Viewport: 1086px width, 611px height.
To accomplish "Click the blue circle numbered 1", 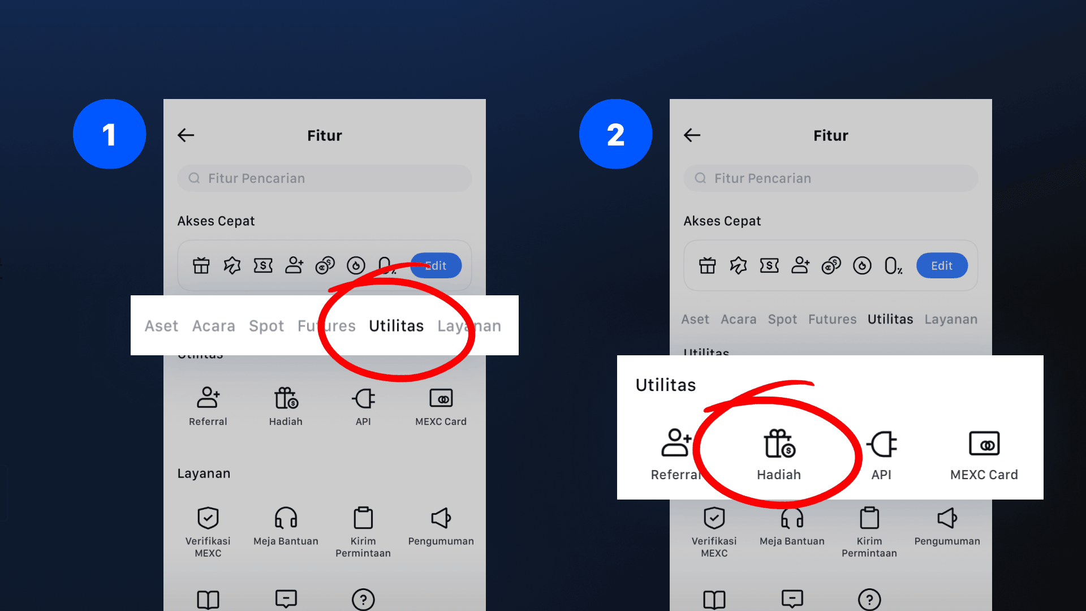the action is click(x=110, y=134).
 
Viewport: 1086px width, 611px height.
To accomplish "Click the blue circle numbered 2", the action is click(x=616, y=134).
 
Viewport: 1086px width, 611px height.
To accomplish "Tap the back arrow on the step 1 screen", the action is click(x=186, y=135).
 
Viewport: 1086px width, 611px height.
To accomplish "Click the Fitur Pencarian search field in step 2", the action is click(x=830, y=178).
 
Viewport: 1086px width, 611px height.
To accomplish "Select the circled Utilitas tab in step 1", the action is click(x=396, y=326).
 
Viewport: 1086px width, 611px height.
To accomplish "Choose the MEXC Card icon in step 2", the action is click(x=984, y=444).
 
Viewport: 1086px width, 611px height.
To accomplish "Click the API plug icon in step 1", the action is click(x=363, y=398).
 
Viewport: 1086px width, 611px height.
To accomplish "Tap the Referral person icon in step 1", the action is click(x=208, y=397).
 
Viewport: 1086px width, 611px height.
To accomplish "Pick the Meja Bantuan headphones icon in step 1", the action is click(x=286, y=518).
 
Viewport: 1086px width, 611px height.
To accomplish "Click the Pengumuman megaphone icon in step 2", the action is click(x=947, y=518).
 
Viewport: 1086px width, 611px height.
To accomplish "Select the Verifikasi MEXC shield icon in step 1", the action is click(x=208, y=518).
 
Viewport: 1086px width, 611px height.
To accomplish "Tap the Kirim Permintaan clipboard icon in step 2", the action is click(x=869, y=518).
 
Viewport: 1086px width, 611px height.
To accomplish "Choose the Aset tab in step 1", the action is click(x=161, y=326).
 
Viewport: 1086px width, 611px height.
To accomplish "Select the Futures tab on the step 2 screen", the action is click(x=832, y=319).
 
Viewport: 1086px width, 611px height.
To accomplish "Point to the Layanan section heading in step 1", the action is click(x=204, y=474).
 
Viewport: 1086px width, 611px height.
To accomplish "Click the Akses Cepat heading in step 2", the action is click(x=722, y=221).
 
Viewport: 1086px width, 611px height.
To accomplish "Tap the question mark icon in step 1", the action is click(x=363, y=599).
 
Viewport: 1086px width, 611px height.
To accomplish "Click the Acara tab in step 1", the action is click(x=213, y=326).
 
